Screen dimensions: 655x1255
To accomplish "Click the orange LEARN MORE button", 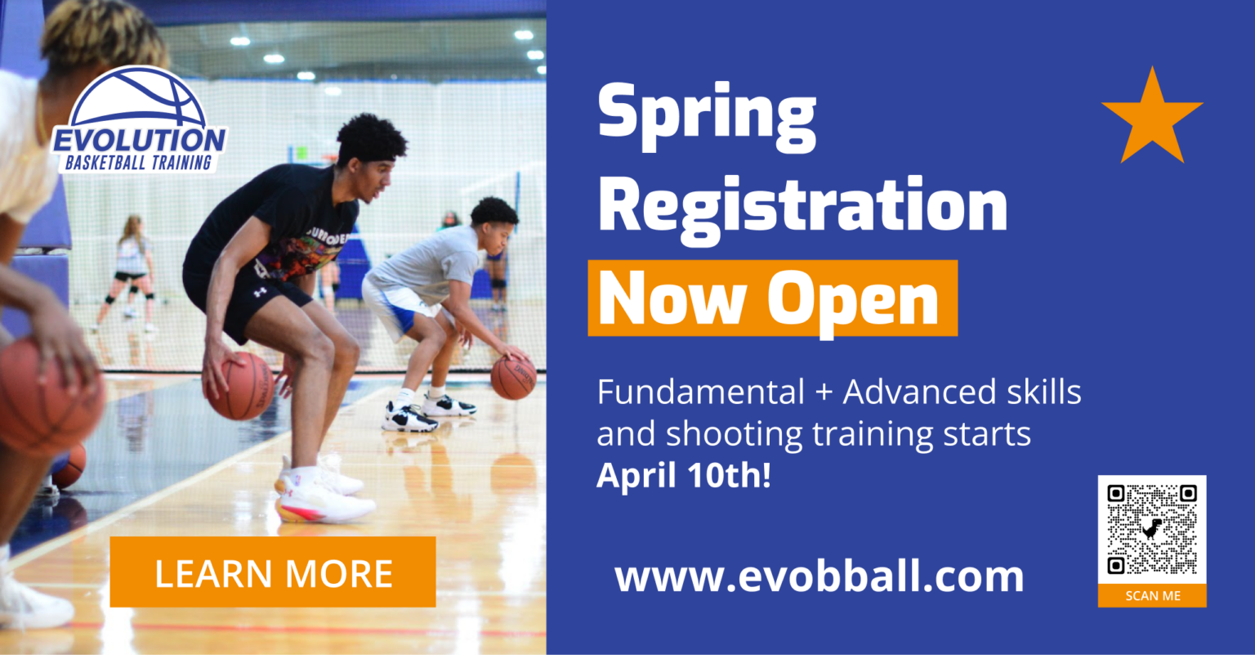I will coord(272,572).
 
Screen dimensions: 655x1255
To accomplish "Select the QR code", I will coord(1152,529).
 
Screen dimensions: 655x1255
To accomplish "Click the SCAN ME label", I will coord(1152,596).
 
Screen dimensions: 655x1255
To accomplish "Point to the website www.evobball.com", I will coord(819,576).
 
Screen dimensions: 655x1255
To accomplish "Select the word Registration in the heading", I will coord(803,206).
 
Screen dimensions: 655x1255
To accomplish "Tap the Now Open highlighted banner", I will coord(771,298).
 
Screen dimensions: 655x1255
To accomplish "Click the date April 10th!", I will coord(683,475).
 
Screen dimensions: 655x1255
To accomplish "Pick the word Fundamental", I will coord(701,393).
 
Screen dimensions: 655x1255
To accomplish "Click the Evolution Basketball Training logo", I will coord(139,123).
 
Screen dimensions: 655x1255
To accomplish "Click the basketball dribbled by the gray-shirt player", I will coord(513,378).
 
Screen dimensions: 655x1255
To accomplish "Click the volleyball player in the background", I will coord(131,270).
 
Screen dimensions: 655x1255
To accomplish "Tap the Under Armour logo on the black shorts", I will coord(261,290).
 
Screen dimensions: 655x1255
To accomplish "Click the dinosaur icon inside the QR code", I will coord(1152,528).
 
